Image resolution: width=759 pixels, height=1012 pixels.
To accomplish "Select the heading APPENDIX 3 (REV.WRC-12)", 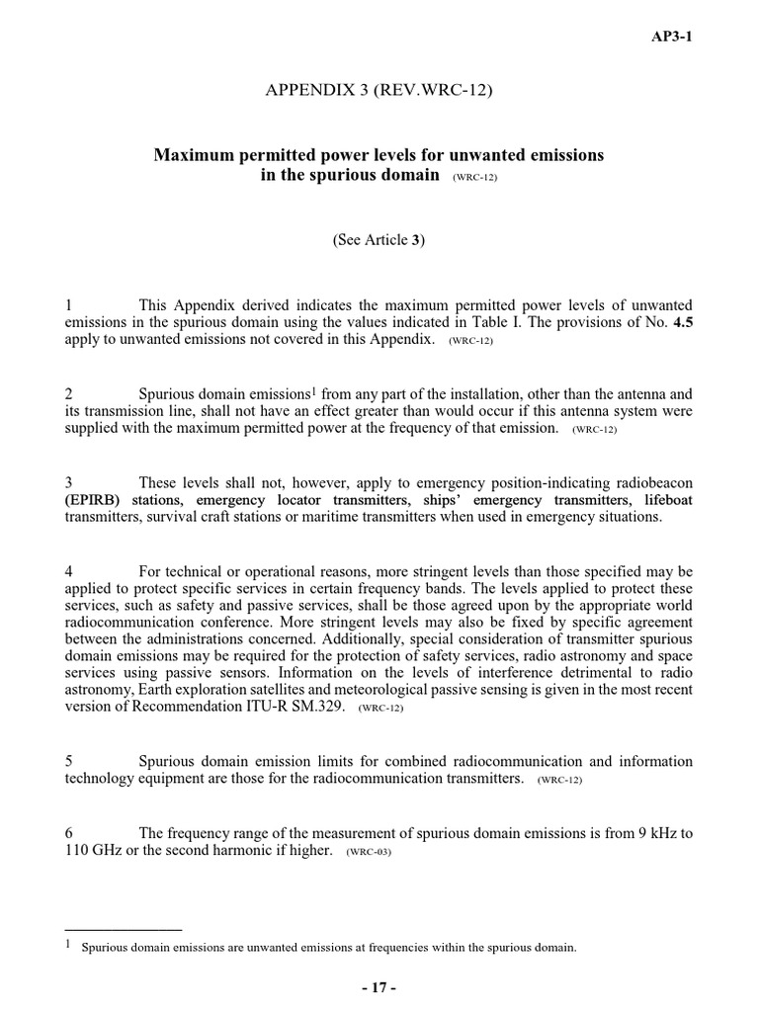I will (379, 92).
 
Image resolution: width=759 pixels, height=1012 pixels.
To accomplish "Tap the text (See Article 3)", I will (379, 239).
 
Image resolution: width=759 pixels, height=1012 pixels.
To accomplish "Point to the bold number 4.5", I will (683, 321).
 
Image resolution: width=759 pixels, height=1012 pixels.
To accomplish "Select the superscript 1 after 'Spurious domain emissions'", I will (308, 390).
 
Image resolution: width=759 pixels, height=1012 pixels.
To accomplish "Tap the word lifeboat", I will (669, 500).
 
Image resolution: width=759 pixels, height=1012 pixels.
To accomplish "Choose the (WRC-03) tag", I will (369, 852).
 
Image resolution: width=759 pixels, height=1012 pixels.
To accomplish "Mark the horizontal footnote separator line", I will (123, 929).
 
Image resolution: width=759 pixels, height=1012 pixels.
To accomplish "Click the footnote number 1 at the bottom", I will (68, 946).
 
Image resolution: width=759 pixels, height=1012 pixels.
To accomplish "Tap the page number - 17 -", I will (379, 988).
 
